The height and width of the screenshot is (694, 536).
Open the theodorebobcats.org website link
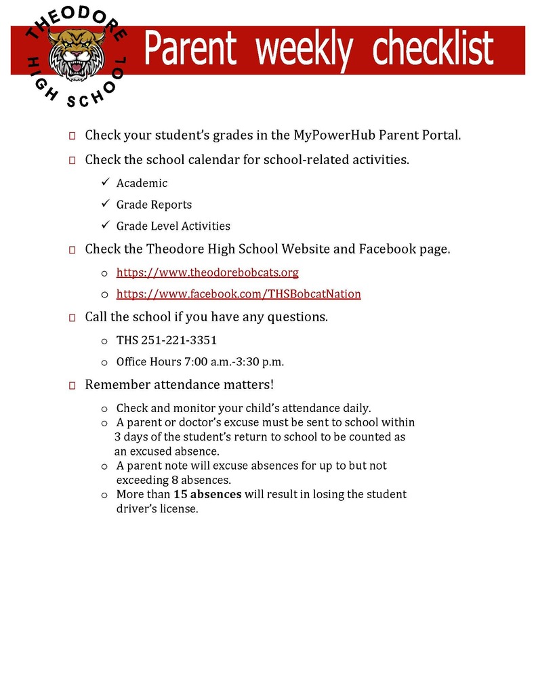click(207, 272)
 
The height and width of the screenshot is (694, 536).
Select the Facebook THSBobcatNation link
click(239, 294)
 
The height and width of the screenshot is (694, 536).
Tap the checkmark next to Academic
click(105, 183)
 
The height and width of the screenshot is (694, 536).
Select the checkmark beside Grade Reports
click(105, 204)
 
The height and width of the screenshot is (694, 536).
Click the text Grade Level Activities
click(173, 226)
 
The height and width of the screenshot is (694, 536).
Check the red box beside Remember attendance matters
click(72, 386)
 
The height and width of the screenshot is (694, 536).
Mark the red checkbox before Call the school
click(72, 317)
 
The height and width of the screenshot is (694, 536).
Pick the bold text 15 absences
click(207, 494)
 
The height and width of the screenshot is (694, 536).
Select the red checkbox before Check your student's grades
click(72, 136)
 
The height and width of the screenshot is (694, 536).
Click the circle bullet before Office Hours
click(104, 363)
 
